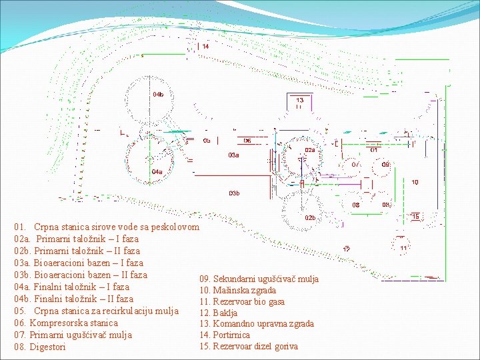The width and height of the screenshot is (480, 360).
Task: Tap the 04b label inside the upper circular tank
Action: pos(158,95)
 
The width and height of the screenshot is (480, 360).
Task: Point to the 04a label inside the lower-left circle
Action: pos(156,171)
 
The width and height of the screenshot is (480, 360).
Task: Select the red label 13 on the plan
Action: pos(300,101)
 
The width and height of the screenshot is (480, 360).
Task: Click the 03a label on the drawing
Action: pos(233,155)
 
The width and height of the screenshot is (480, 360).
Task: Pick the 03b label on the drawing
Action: pos(233,193)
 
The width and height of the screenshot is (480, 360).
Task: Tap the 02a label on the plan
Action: pos(310,151)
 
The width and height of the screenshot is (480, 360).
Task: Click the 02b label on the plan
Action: pos(310,218)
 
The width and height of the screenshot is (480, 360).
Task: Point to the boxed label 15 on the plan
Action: pos(415,217)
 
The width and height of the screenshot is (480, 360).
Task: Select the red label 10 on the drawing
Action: pos(415,182)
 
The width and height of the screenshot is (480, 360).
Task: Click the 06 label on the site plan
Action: pos(247,141)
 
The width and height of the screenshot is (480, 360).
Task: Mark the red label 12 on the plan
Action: pos(347,249)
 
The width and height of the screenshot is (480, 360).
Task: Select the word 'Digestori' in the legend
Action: pos(48,347)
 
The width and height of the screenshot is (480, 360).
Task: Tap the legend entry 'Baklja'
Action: pos(225,313)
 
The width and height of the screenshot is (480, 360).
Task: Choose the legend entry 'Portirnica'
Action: pos(231,335)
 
